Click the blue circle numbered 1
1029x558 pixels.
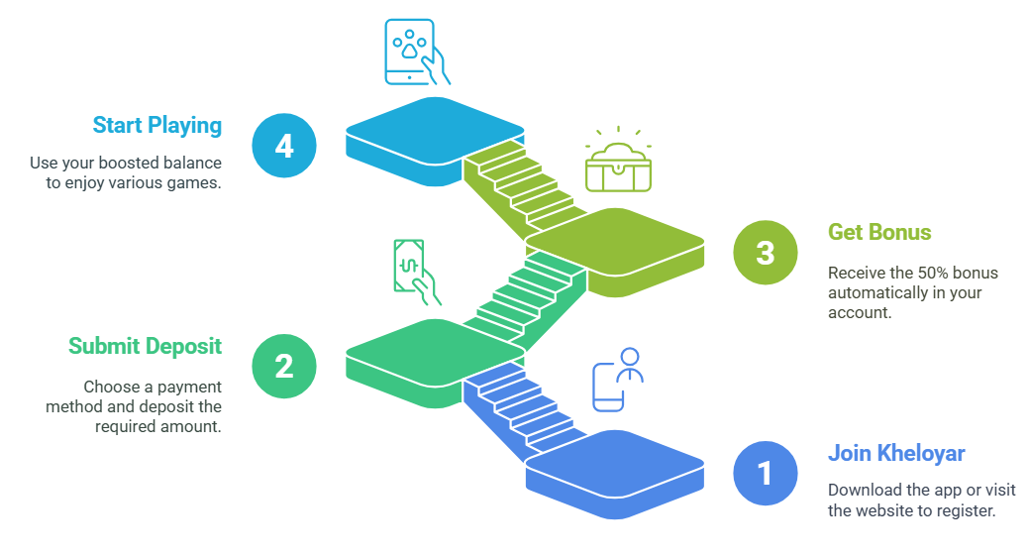766,474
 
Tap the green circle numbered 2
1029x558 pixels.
284,367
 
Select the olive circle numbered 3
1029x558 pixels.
766,253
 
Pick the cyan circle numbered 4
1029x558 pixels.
284,146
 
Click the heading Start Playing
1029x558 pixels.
156,126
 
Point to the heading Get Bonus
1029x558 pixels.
879,232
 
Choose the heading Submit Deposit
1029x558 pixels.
145,346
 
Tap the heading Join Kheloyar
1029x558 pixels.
896,453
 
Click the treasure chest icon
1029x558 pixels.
618,160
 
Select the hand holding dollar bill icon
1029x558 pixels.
416,272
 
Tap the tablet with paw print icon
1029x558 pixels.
417,52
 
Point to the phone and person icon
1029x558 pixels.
618,380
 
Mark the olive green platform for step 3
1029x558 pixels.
615,252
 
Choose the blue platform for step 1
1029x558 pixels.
615,474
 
